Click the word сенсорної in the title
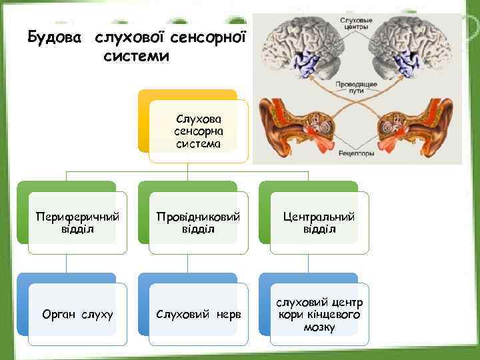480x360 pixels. coord(207,35)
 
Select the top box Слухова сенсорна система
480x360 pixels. coord(198,131)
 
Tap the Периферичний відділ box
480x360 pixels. coord(77,223)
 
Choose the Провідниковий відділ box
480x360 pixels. coord(198,223)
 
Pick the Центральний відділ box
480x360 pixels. coord(319,223)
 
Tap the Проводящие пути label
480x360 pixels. coord(357,87)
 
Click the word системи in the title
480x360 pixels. coord(137,57)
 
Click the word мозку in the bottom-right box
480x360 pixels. coord(319,327)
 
